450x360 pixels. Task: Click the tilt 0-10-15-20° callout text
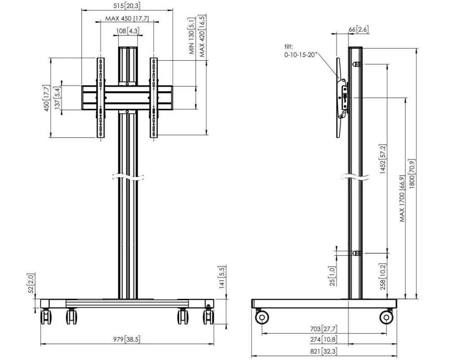(301, 50)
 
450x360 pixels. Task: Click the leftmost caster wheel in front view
(46, 317)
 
